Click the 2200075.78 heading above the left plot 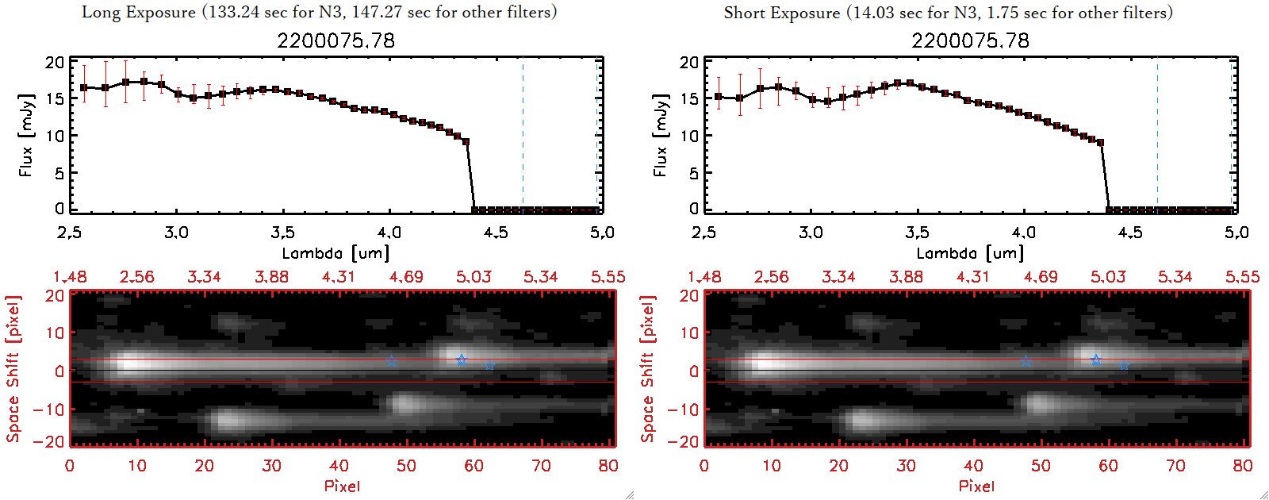coord(335,40)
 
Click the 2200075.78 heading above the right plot coord(970,40)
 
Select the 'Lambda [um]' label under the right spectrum coord(970,253)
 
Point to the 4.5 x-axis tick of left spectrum coord(496,233)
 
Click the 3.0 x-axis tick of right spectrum coord(811,233)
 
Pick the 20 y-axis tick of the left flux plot coord(55,62)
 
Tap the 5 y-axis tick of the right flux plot coord(693,172)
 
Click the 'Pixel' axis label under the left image coord(342,486)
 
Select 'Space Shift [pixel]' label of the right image coord(647,369)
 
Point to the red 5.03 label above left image coord(473,277)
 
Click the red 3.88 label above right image coord(906,277)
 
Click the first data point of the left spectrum coord(83,87)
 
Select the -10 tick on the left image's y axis coord(48,410)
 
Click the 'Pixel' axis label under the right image coord(976,486)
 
